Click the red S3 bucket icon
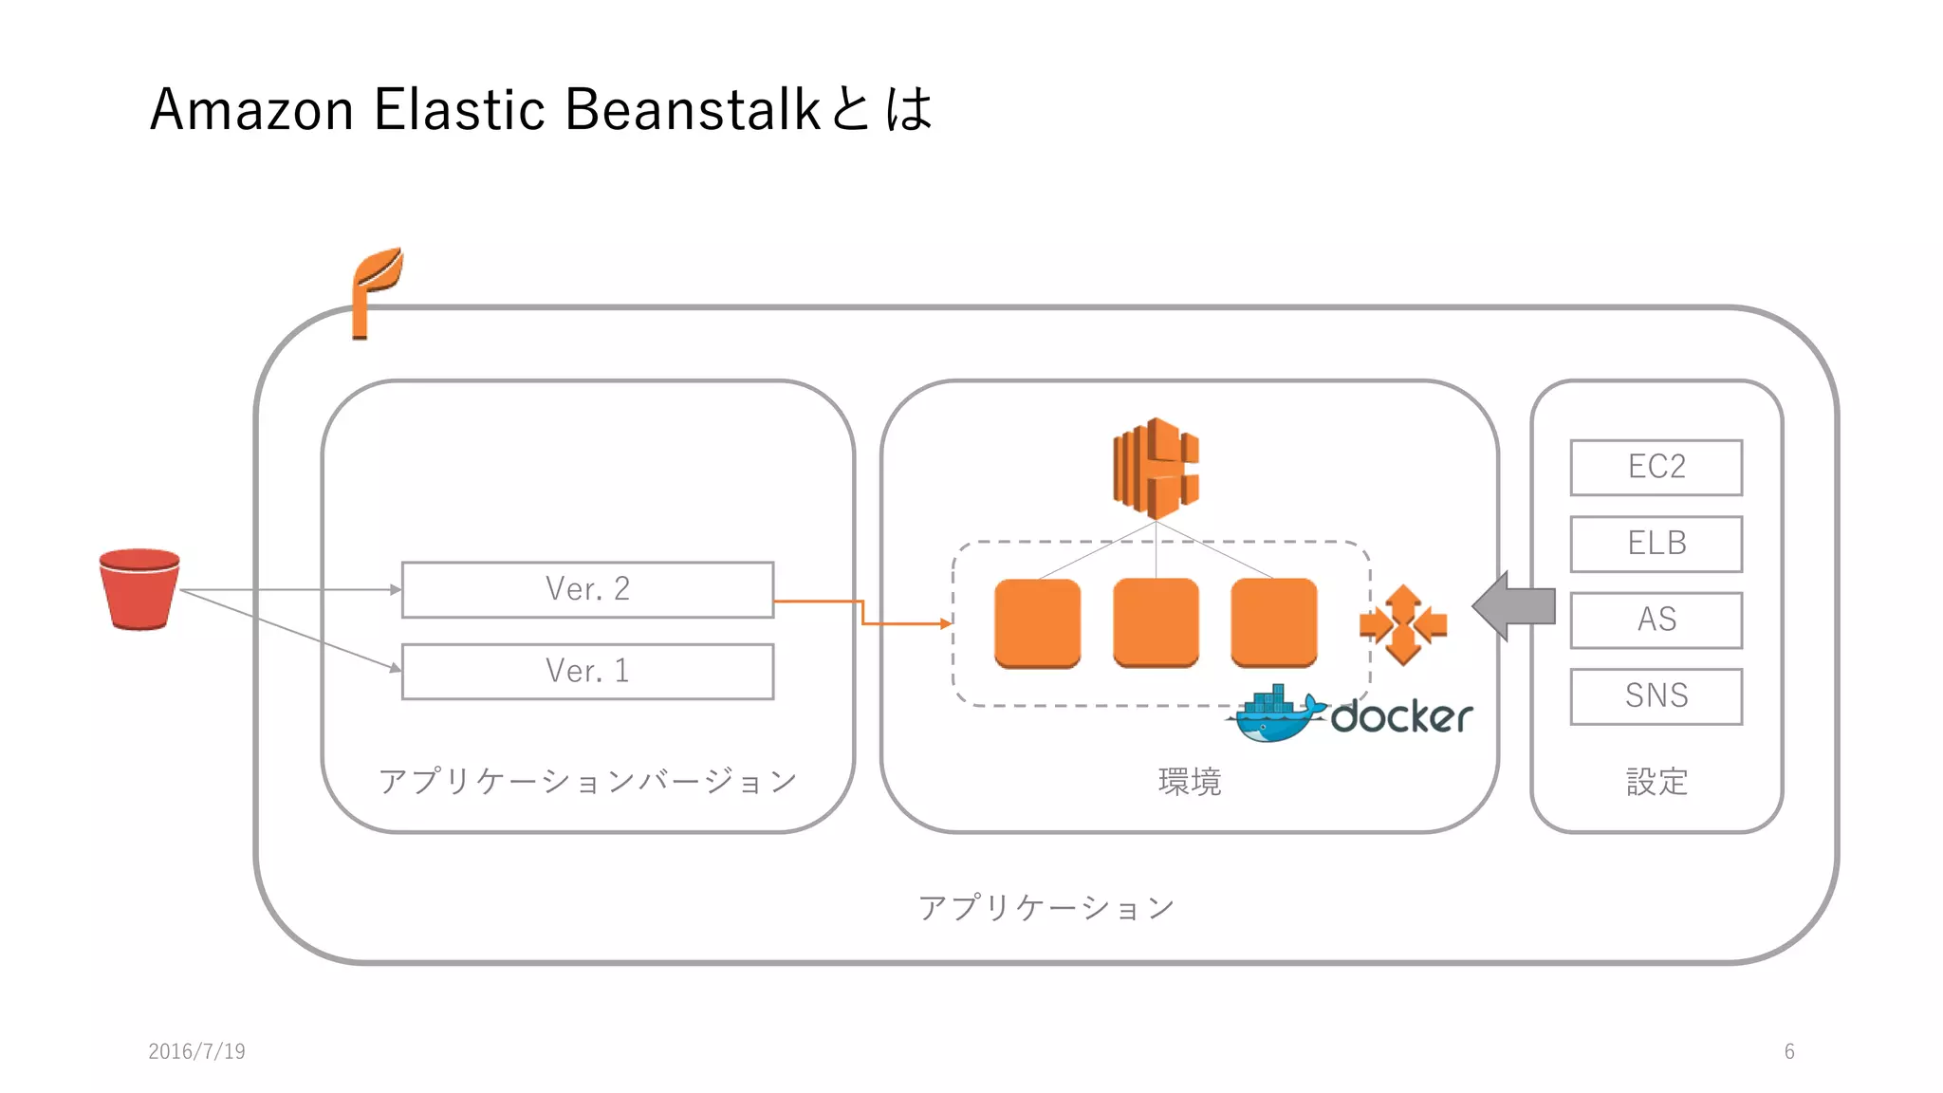coord(139,589)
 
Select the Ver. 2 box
coord(587,589)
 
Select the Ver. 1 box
coord(587,671)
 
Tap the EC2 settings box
coord(1656,467)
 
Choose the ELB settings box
coord(1656,544)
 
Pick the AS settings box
coord(1656,620)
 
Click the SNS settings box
coord(1656,695)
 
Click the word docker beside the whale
coord(1401,716)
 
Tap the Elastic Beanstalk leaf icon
coord(375,289)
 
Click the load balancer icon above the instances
coord(1156,468)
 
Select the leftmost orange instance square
coord(1037,622)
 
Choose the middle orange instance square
coord(1156,622)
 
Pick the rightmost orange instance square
coord(1273,622)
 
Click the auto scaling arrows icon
coord(1403,623)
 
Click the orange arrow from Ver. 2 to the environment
coord(862,613)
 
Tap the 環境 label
coord(1189,782)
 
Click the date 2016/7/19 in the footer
coord(196,1051)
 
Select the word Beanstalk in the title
coord(692,109)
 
